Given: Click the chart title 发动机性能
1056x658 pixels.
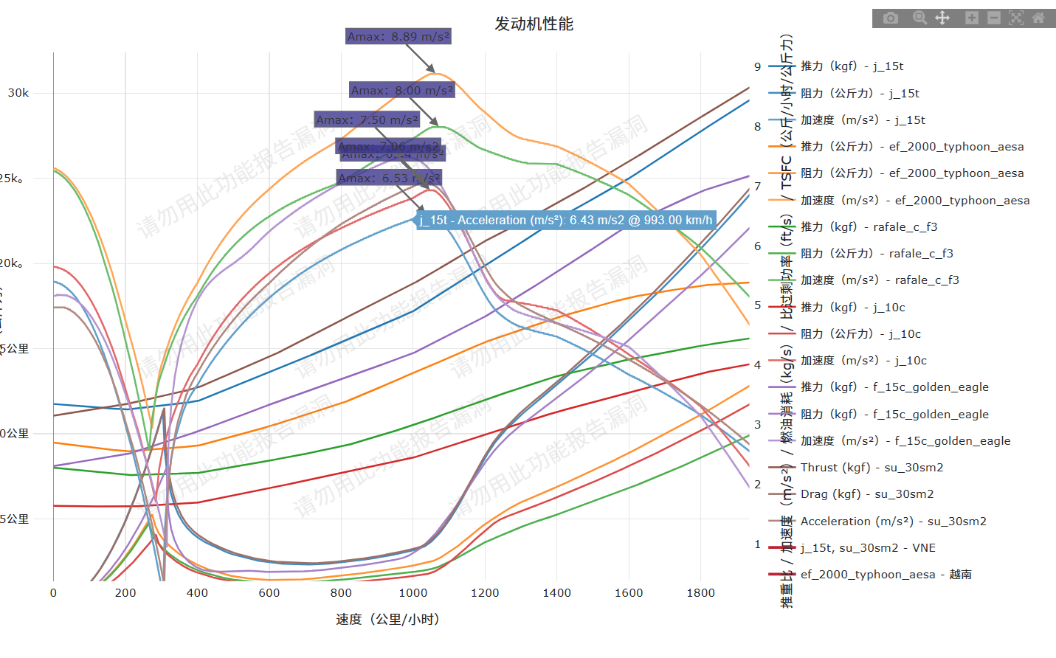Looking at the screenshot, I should pos(534,24).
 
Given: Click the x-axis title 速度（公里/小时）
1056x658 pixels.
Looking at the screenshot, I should pos(388,619).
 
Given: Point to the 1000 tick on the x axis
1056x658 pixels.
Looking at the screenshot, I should pos(413,592).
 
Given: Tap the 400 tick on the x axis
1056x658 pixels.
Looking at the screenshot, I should pos(197,592).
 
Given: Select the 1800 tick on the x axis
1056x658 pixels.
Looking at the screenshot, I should pos(700,592).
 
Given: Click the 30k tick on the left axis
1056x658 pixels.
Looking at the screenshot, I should pos(18,92).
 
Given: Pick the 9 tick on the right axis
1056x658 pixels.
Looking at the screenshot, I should pos(757,66).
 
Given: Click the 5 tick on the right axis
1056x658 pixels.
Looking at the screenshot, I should pos(757,305).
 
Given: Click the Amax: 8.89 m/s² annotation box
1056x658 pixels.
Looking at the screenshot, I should pos(398,36).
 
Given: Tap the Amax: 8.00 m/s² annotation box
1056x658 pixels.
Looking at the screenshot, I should pos(402,90).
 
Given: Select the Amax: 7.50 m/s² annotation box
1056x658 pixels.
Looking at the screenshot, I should pos(367,120).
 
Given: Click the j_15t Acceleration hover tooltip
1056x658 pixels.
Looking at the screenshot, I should pos(566,220).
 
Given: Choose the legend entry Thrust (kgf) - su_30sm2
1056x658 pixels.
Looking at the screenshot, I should pos(872,467).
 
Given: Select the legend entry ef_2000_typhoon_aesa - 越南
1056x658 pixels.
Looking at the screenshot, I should pos(886,574).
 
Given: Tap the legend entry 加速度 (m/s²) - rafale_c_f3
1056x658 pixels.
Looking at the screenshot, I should pos(880,280).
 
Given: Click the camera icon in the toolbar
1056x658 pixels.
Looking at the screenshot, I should pos(891,18).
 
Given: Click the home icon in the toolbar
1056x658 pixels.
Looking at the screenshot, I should pos(1038,18).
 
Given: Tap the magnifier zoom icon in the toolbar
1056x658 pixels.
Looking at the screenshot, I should pos(919,18).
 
